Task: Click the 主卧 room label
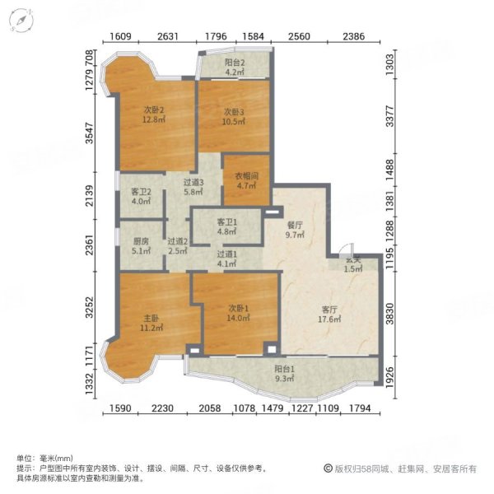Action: [150, 316]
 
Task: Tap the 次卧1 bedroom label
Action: [239, 308]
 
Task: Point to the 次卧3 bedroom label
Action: [235, 112]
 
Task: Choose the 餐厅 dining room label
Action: [295, 224]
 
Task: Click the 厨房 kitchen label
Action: [141, 242]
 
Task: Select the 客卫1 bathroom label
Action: [226, 222]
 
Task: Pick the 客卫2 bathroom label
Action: [141, 193]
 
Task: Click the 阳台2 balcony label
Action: [235, 62]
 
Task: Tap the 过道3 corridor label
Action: [193, 183]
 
